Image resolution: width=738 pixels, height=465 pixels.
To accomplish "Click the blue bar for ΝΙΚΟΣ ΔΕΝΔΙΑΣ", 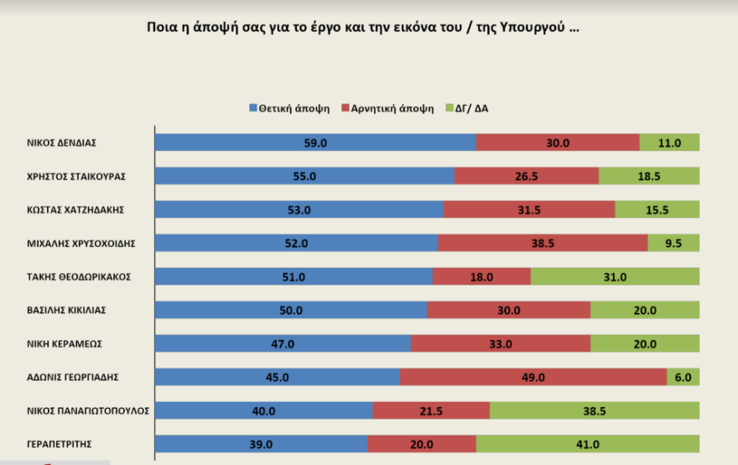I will [315, 143].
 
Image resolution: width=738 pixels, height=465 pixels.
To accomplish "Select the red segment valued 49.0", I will [533, 377].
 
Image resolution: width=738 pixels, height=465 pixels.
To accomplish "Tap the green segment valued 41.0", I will [587, 444].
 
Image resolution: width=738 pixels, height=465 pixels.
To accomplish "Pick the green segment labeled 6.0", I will [683, 377].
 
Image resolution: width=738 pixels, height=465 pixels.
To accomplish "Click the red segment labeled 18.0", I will [481, 276].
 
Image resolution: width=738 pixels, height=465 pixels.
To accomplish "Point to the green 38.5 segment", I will [594, 410].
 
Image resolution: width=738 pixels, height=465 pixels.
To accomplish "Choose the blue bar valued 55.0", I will [304, 176].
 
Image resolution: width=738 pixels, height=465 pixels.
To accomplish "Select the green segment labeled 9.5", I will [673, 243].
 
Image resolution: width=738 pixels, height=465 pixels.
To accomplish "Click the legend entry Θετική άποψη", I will [288, 109].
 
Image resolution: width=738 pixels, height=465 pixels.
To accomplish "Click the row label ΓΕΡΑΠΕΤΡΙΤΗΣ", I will [60, 444].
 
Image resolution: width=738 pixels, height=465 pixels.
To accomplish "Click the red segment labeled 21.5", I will [431, 410].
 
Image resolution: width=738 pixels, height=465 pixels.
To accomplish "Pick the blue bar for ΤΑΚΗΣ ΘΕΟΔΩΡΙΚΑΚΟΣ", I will [294, 276].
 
